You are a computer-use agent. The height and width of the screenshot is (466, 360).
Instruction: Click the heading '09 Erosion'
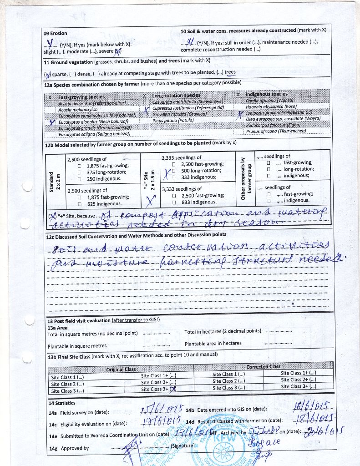(x=55, y=33)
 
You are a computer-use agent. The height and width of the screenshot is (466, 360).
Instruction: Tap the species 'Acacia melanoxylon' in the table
(x=78, y=110)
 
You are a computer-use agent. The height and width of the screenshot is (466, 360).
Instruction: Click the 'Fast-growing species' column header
(x=81, y=97)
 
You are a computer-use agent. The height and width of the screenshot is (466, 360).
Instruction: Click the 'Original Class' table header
(x=121, y=370)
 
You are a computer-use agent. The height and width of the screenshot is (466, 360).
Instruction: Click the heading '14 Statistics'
(x=62, y=403)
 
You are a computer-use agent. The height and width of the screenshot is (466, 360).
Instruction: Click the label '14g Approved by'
(x=69, y=448)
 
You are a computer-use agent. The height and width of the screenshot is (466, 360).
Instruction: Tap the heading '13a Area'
(x=57, y=327)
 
